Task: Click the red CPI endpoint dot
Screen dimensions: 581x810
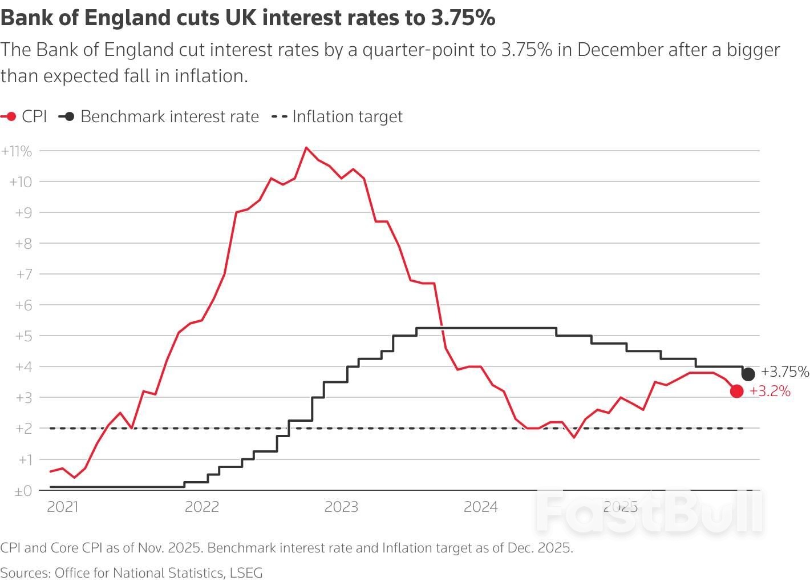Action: tap(736, 391)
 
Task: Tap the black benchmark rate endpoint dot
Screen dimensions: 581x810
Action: tap(748, 374)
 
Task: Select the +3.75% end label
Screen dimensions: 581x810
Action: tap(785, 372)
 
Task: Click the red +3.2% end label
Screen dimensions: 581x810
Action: tap(770, 392)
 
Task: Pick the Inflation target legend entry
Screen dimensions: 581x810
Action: tap(337, 116)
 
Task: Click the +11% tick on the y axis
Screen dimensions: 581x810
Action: tap(17, 151)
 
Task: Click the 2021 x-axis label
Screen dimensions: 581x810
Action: tap(62, 507)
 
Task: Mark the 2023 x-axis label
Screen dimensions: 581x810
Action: tap(341, 507)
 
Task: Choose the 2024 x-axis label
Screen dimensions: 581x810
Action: tap(480, 507)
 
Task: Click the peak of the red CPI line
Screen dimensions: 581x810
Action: tap(306, 148)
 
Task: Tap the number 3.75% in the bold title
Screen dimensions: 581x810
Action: tap(463, 18)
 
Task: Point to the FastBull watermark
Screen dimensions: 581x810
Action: tap(649, 511)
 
